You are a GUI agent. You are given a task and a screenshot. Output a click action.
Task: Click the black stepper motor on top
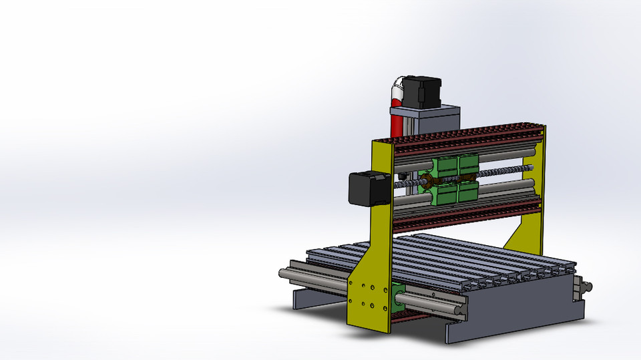423,92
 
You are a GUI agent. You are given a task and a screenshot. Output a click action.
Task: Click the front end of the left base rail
284,273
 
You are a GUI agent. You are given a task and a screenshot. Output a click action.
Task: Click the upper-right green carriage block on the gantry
467,163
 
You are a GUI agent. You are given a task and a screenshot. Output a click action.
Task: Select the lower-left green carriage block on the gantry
443,194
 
